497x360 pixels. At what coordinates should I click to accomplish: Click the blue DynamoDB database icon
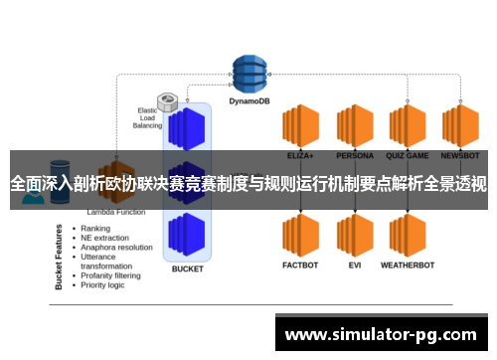click(251, 71)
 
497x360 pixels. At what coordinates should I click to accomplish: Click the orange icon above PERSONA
click(354, 126)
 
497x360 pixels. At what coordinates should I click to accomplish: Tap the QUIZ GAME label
click(408, 156)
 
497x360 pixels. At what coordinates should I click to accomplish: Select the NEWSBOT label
click(460, 156)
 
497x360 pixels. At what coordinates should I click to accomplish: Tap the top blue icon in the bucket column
click(187, 127)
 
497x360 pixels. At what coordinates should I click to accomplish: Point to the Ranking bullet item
click(95, 228)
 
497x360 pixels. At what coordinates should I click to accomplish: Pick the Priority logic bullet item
click(103, 284)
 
